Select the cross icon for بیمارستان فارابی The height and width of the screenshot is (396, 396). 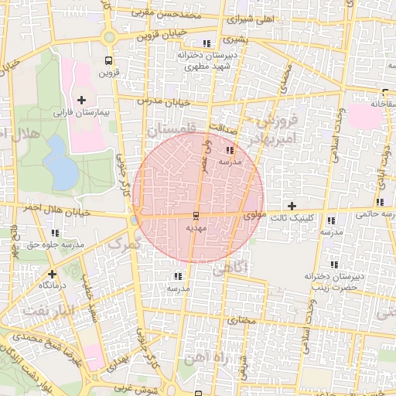point(82,100)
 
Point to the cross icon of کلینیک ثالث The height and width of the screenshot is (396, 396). point(292,206)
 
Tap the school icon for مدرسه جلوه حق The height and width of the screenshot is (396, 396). point(55,232)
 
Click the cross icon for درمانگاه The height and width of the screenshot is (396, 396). point(52,274)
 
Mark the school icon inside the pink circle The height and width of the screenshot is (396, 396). point(230,150)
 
